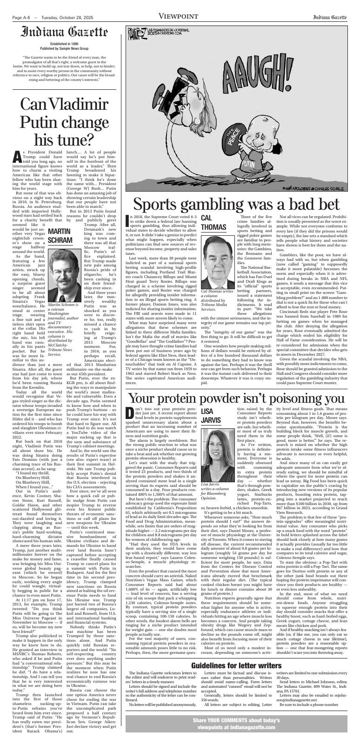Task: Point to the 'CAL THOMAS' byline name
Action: [213, 223]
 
